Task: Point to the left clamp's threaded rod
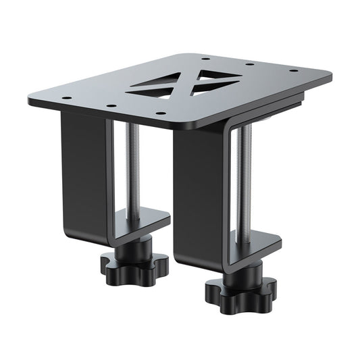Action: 134,169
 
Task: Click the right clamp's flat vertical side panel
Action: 199,196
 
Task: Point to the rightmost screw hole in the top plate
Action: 291,69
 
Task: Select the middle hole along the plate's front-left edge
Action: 109,105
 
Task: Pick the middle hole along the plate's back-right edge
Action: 249,64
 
